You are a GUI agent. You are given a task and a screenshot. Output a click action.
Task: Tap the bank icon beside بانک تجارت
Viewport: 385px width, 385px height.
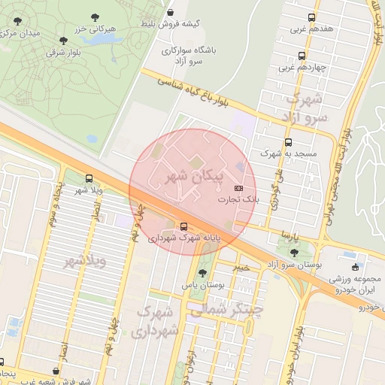click(x=238, y=187)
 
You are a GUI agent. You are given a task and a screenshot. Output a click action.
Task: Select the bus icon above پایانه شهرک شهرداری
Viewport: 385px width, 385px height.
click(x=184, y=226)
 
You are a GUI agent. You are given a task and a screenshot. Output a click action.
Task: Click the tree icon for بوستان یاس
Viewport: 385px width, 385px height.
click(x=202, y=274)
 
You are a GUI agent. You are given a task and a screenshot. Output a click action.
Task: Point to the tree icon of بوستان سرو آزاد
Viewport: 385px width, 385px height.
click(x=293, y=253)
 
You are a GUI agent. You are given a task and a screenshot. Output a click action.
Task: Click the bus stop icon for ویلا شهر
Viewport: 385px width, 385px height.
click(x=90, y=179)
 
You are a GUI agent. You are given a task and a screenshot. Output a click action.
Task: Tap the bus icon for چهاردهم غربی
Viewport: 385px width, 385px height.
click(x=302, y=56)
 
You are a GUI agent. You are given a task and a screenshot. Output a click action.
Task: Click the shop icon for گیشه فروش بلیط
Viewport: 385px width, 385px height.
click(x=171, y=13)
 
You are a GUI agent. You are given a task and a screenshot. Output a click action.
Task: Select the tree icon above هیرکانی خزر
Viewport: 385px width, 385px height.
click(x=95, y=17)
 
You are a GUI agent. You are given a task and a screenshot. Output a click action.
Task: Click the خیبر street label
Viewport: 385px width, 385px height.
click(x=240, y=267)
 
